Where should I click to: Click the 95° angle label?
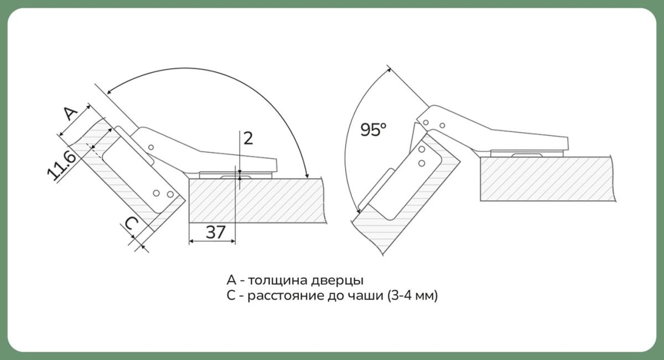click(373, 129)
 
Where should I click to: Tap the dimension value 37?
click(215, 232)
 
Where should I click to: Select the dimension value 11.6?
click(62, 165)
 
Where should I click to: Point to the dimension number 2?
click(248, 138)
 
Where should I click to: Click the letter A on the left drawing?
click(71, 113)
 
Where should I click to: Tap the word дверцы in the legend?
click(337, 280)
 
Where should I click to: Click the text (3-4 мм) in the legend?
click(412, 295)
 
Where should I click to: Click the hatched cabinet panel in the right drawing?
click(547, 179)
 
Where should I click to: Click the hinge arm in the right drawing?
click(492, 131)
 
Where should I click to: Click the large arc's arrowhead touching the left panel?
click(307, 175)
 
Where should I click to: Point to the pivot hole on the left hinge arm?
click(151, 147)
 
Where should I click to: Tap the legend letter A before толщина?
click(231, 280)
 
